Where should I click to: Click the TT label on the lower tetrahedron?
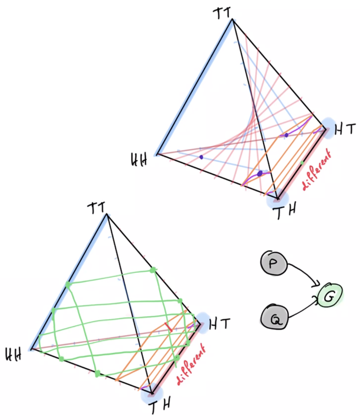96,207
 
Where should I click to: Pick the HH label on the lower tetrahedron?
13,354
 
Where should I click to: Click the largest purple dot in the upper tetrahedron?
260,174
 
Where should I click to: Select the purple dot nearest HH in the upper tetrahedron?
201,157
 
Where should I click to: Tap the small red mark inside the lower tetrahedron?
168,327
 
